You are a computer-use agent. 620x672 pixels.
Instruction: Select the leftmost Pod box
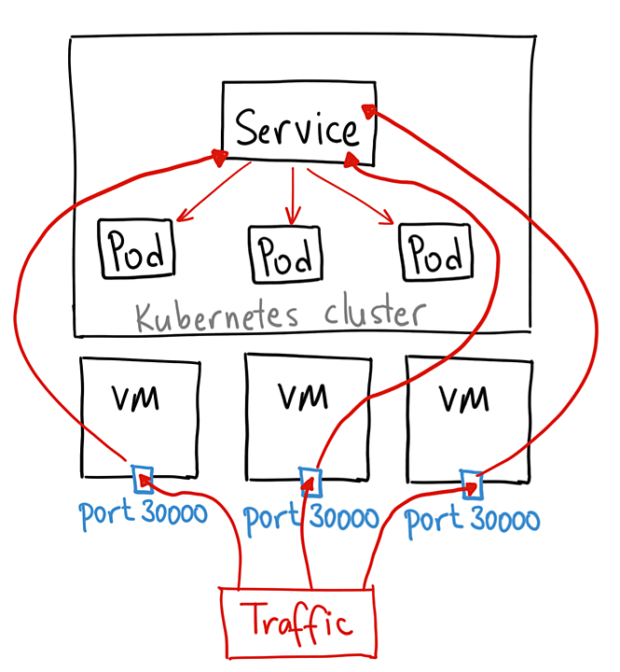[x=136, y=248]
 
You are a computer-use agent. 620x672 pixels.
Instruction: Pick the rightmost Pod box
[x=435, y=251]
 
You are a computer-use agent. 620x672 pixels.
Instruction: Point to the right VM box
[x=463, y=414]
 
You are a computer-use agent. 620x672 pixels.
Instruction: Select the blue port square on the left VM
[x=143, y=479]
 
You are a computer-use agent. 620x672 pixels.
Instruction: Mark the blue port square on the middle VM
[x=310, y=482]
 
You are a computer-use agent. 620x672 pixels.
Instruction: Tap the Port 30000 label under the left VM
[x=143, y=513]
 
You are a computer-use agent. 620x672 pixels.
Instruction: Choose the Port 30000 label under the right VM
[x=473, y=519]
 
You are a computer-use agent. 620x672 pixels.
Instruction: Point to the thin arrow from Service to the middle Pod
[x=294, y=193]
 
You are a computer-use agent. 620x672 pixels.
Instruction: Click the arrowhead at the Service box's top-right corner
[x=369, y=111]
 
